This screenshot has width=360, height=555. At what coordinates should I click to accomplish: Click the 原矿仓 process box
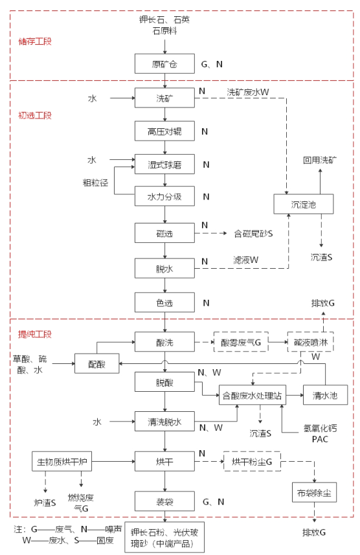(164, 63)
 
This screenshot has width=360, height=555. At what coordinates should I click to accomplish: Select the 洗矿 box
(164, 98)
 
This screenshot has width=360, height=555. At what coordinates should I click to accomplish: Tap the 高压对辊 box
(164, 131)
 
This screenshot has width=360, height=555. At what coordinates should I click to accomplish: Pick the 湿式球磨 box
(164, 164)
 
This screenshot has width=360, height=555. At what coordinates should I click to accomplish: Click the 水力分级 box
(164, 196)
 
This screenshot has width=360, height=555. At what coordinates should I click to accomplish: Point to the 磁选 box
(164, 233)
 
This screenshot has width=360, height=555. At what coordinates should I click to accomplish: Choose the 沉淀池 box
(304, 204)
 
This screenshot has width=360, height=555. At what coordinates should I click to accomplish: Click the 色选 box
(164, 302)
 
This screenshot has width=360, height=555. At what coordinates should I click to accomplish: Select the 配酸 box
(96, 363)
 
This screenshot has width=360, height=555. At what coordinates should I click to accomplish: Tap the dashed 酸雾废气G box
(241, 342)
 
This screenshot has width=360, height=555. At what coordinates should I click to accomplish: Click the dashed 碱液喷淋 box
(310, 342)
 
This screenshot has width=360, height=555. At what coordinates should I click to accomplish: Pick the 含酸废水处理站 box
(252, 395)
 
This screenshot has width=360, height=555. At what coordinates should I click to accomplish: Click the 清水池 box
(325, 395)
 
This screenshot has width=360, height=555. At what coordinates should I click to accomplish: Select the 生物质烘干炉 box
(62, 461)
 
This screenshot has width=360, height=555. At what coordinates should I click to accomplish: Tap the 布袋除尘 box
(314, 492)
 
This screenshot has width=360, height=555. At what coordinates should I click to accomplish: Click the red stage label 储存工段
(35, 41)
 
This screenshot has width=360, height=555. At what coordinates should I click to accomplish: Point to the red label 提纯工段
(35, 334)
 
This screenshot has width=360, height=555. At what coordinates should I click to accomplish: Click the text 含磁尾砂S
(253, 233)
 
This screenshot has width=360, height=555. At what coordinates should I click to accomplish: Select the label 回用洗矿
(320, 160)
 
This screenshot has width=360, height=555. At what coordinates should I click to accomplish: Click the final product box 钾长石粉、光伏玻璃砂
(164, 538)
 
